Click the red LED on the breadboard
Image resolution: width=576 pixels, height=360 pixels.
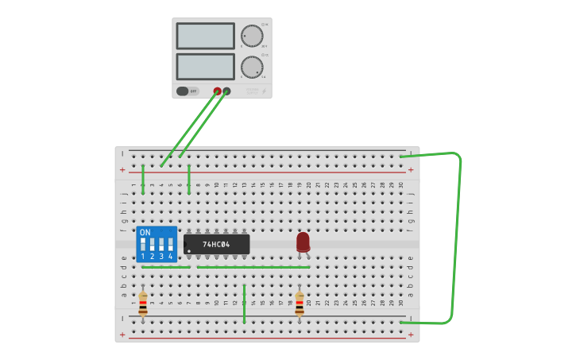point(303,242)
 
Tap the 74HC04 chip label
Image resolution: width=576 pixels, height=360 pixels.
point(216,244)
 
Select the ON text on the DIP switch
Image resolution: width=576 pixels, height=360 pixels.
point(145,233)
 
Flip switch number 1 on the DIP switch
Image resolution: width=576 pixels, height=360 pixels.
point(143,244)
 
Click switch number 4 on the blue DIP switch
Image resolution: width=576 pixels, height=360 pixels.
point(170,244)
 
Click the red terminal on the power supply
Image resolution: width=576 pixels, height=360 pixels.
point(217,91)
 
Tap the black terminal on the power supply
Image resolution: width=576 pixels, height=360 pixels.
point(227,91)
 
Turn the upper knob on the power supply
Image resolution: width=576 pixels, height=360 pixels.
point(252,36)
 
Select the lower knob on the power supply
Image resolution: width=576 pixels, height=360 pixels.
point(252,67)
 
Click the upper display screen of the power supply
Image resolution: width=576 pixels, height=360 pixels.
point(205,36)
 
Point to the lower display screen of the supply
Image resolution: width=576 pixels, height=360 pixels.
point(205,66)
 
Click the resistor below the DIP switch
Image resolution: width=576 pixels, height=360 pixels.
point(143,304)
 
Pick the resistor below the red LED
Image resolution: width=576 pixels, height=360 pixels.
point(300,304)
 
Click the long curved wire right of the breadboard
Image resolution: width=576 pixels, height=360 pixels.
point(456,238)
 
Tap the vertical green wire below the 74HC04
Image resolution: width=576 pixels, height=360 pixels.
point(244,304)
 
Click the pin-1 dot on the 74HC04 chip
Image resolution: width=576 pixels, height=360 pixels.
point(189,251)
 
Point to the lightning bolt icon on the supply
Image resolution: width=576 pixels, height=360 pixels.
point(264,92)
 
